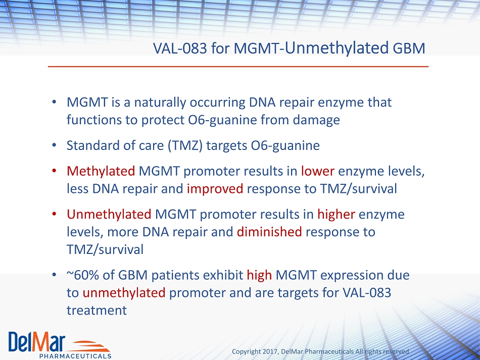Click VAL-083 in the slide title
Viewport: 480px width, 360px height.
[x=180, y=48]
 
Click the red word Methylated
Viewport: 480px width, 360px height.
[x=101, y=171]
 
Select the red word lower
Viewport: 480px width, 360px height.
[x=317, y=171]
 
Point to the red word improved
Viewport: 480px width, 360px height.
[x=215, y=189]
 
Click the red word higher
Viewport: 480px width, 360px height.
[x=336, y=215]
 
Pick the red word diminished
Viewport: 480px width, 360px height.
[x=269, y=232]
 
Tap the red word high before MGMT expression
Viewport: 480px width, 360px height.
[x=259, y=275]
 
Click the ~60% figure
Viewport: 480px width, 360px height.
[x=83, y=275]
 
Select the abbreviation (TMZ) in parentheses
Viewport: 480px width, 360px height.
[x=185, y=145]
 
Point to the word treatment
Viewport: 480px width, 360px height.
[x=97, y=311]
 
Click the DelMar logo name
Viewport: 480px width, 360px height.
[x=37, y=342]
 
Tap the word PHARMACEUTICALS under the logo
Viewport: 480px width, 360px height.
[x=75, y=356]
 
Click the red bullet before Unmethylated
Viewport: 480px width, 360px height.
[x=54, y=214]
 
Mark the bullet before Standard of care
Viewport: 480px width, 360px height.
[x=54, y=145]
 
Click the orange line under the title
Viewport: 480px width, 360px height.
[x=238, y=66]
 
